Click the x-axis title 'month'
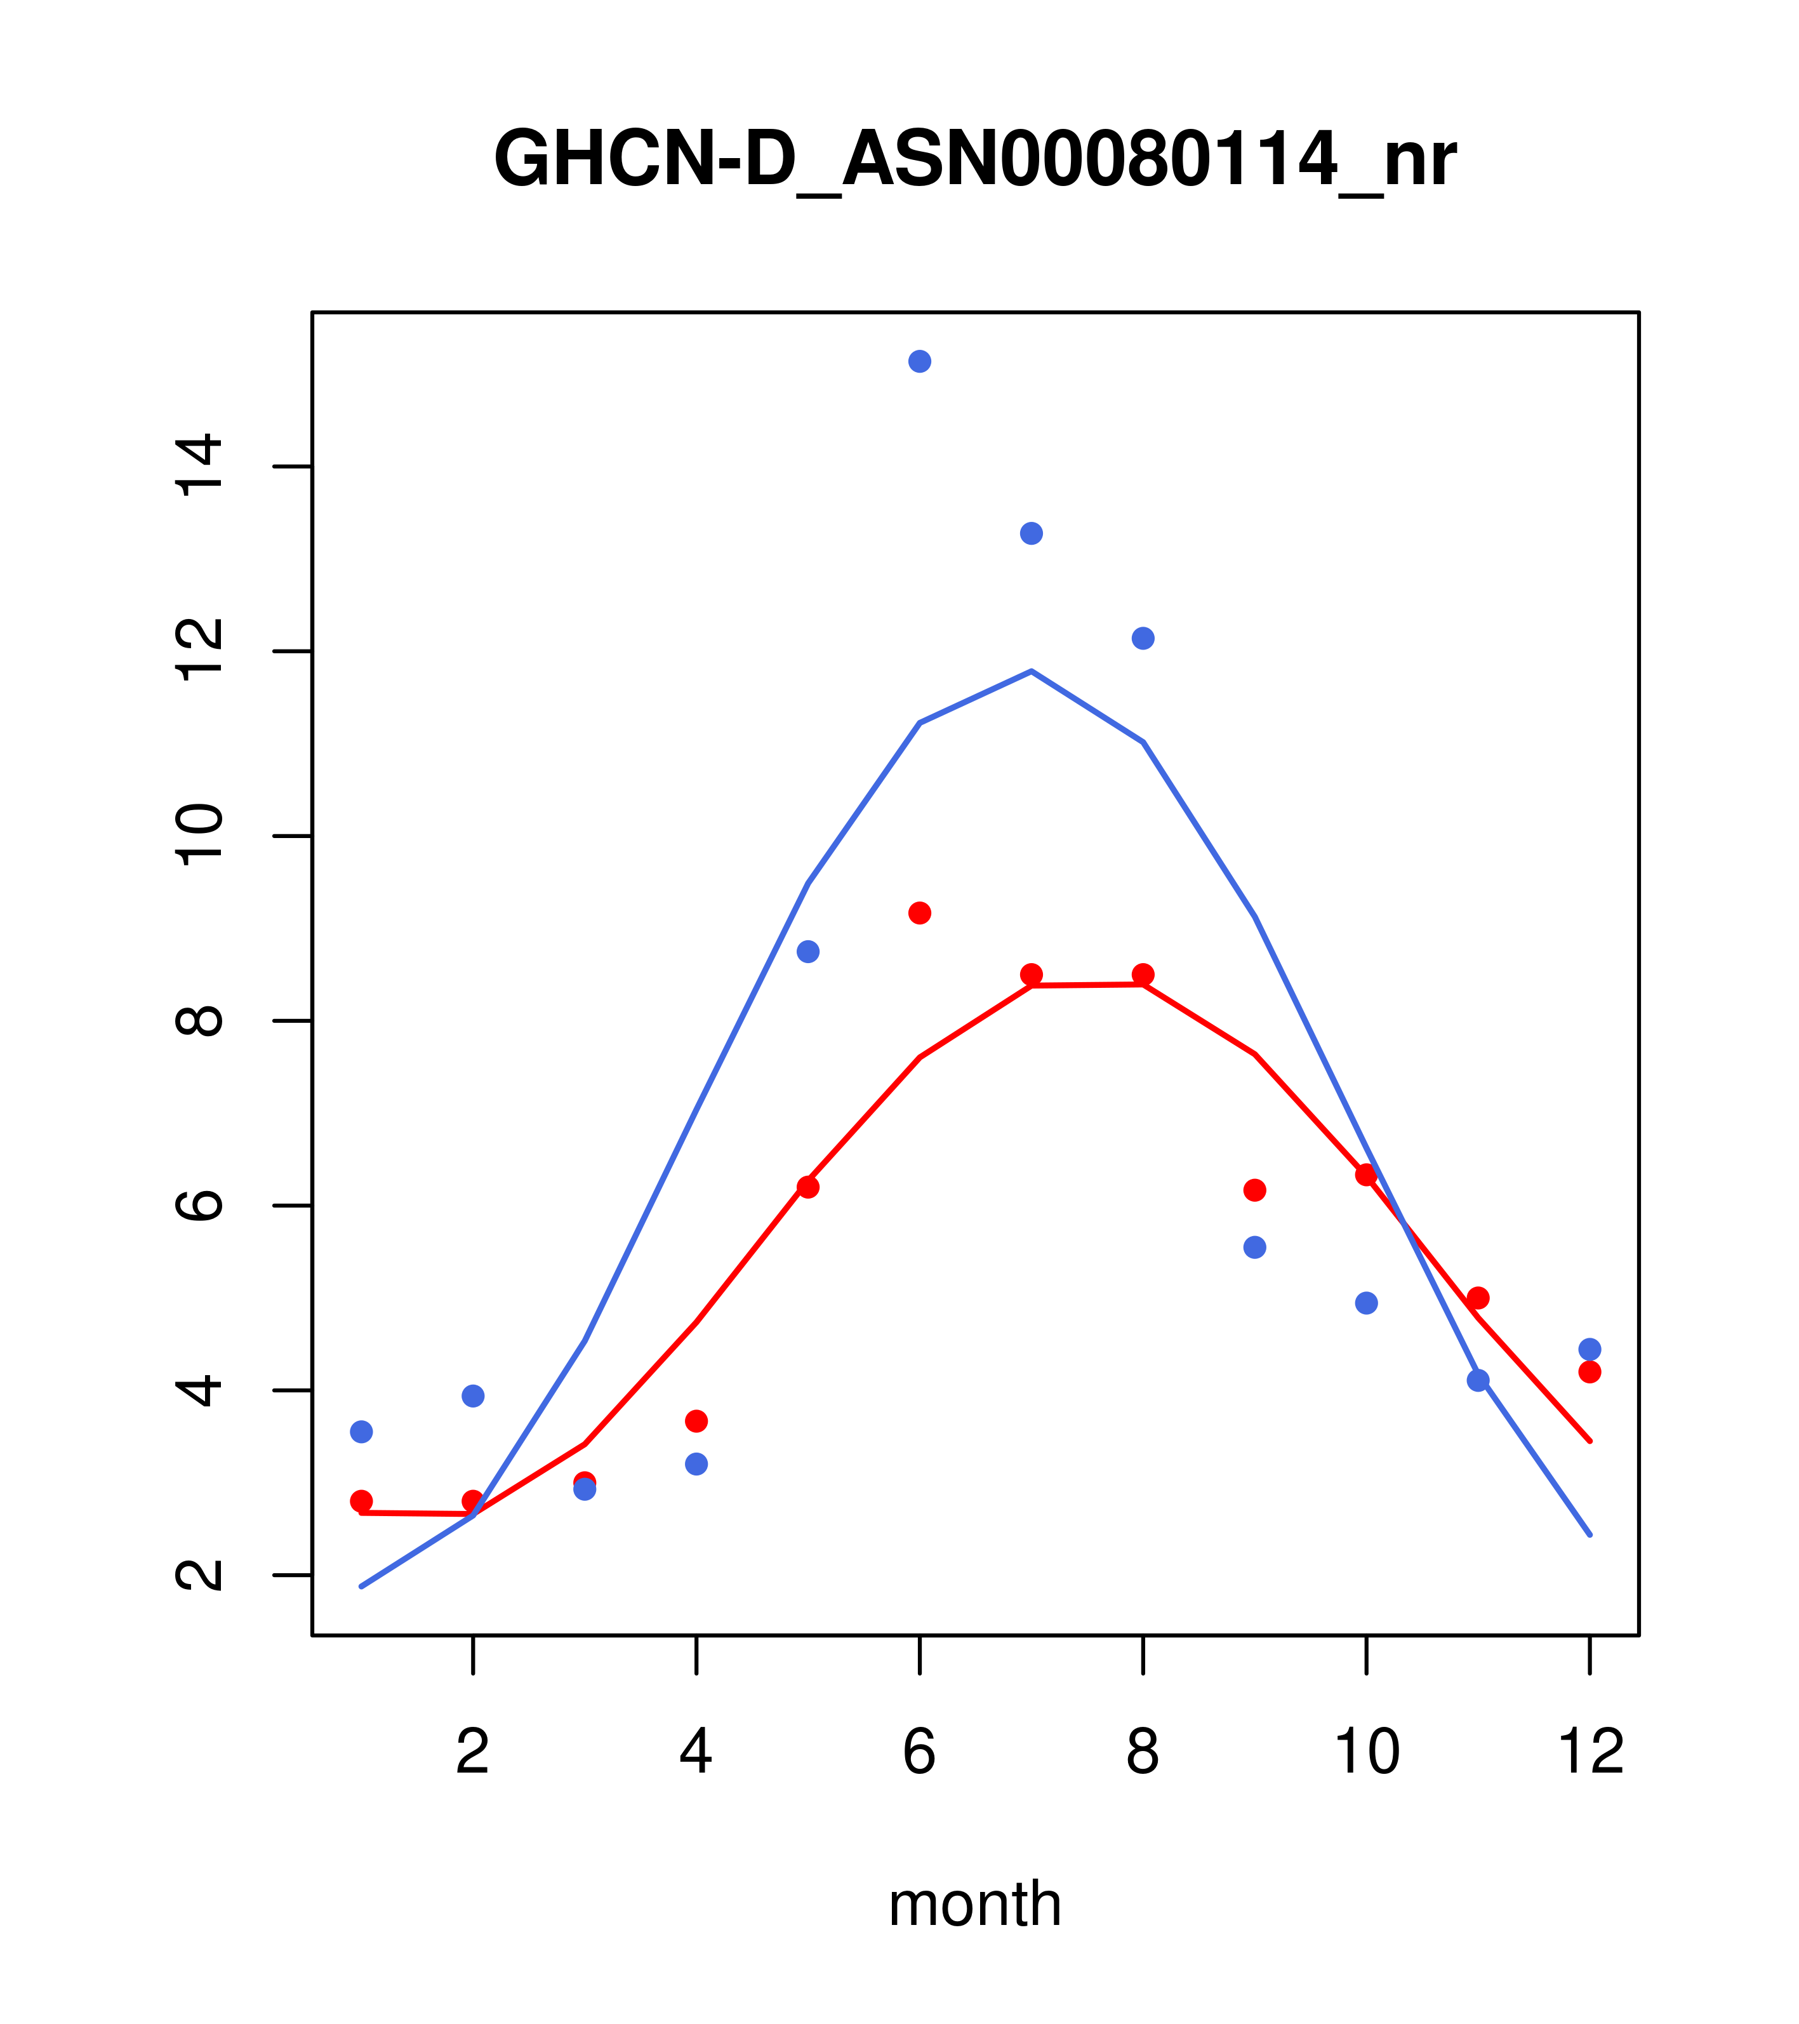coord(974,1903)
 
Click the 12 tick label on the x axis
coord(1590,1753)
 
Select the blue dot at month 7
coord(1031,534)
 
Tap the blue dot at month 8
coord(1143,639)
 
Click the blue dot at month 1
coord(361,1432)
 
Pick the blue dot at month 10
coord(1366,1303)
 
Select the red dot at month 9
coord(1254,1190)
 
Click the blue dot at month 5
coord(808,952)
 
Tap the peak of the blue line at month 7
coord(1031,671)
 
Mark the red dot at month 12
coord(1590,1371)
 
